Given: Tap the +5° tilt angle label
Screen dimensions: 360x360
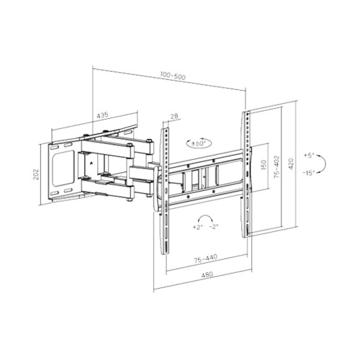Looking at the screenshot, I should (x=308, y=154).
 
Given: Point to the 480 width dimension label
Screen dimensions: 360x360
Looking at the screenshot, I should (x=205, y=284).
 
